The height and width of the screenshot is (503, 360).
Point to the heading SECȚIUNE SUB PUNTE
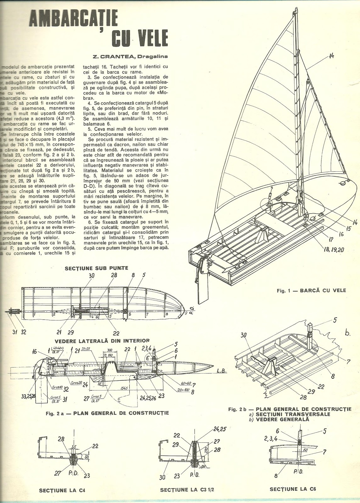(x=92, y=268)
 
